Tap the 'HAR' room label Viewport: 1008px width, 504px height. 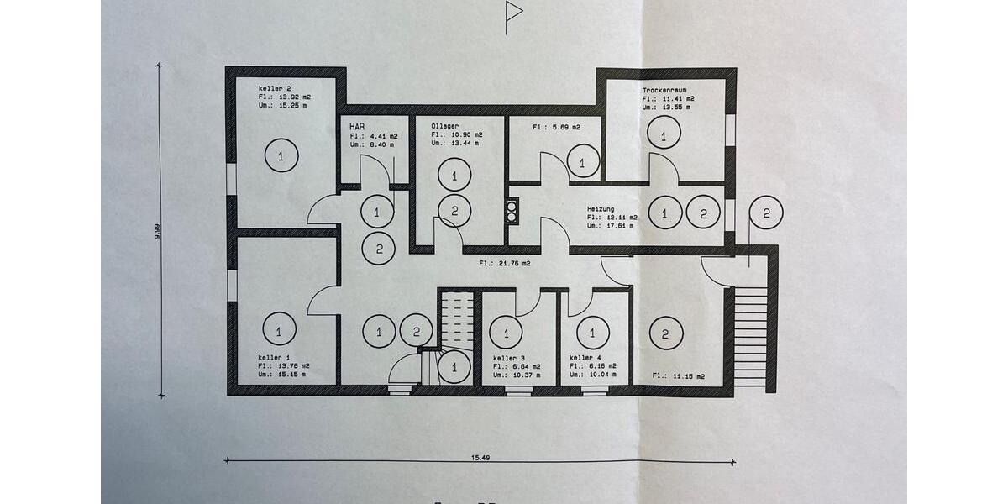(357, 126)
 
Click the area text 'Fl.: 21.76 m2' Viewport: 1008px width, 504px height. (504, 264)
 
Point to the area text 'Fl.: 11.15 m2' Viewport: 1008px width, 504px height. (678, 375)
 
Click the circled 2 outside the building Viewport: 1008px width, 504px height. (765, 213)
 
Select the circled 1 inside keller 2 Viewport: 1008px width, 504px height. (281, 155)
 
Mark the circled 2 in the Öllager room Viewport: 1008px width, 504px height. (454, 210)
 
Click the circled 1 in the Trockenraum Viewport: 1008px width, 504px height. (663, 134)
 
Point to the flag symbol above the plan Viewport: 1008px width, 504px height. (513, 12)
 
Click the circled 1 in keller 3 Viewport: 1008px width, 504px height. (506, 332)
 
